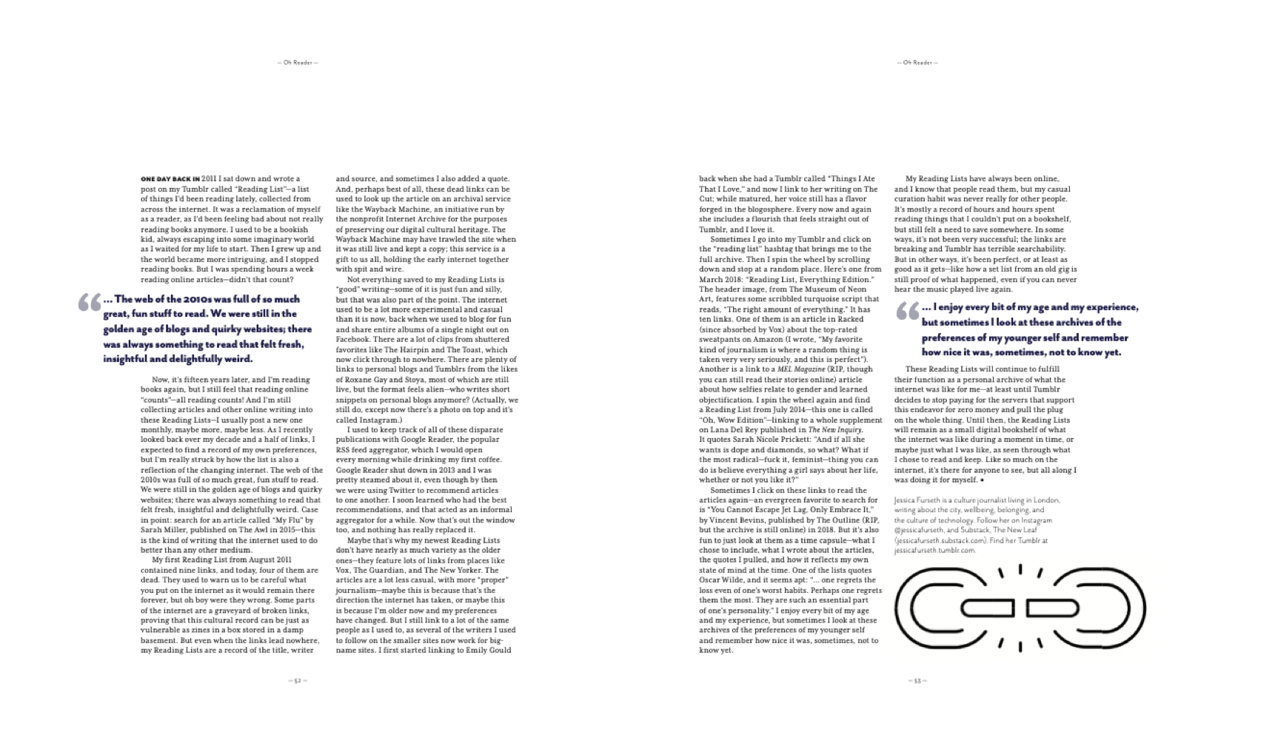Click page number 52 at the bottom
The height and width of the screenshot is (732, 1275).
coord(297,681)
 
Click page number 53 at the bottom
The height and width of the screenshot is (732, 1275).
coord(917,681)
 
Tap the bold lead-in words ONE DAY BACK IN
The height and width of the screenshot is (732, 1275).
coord(170,179)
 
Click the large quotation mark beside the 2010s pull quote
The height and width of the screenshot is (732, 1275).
coord(88,303)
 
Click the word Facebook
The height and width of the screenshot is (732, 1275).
coord(352,339)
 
